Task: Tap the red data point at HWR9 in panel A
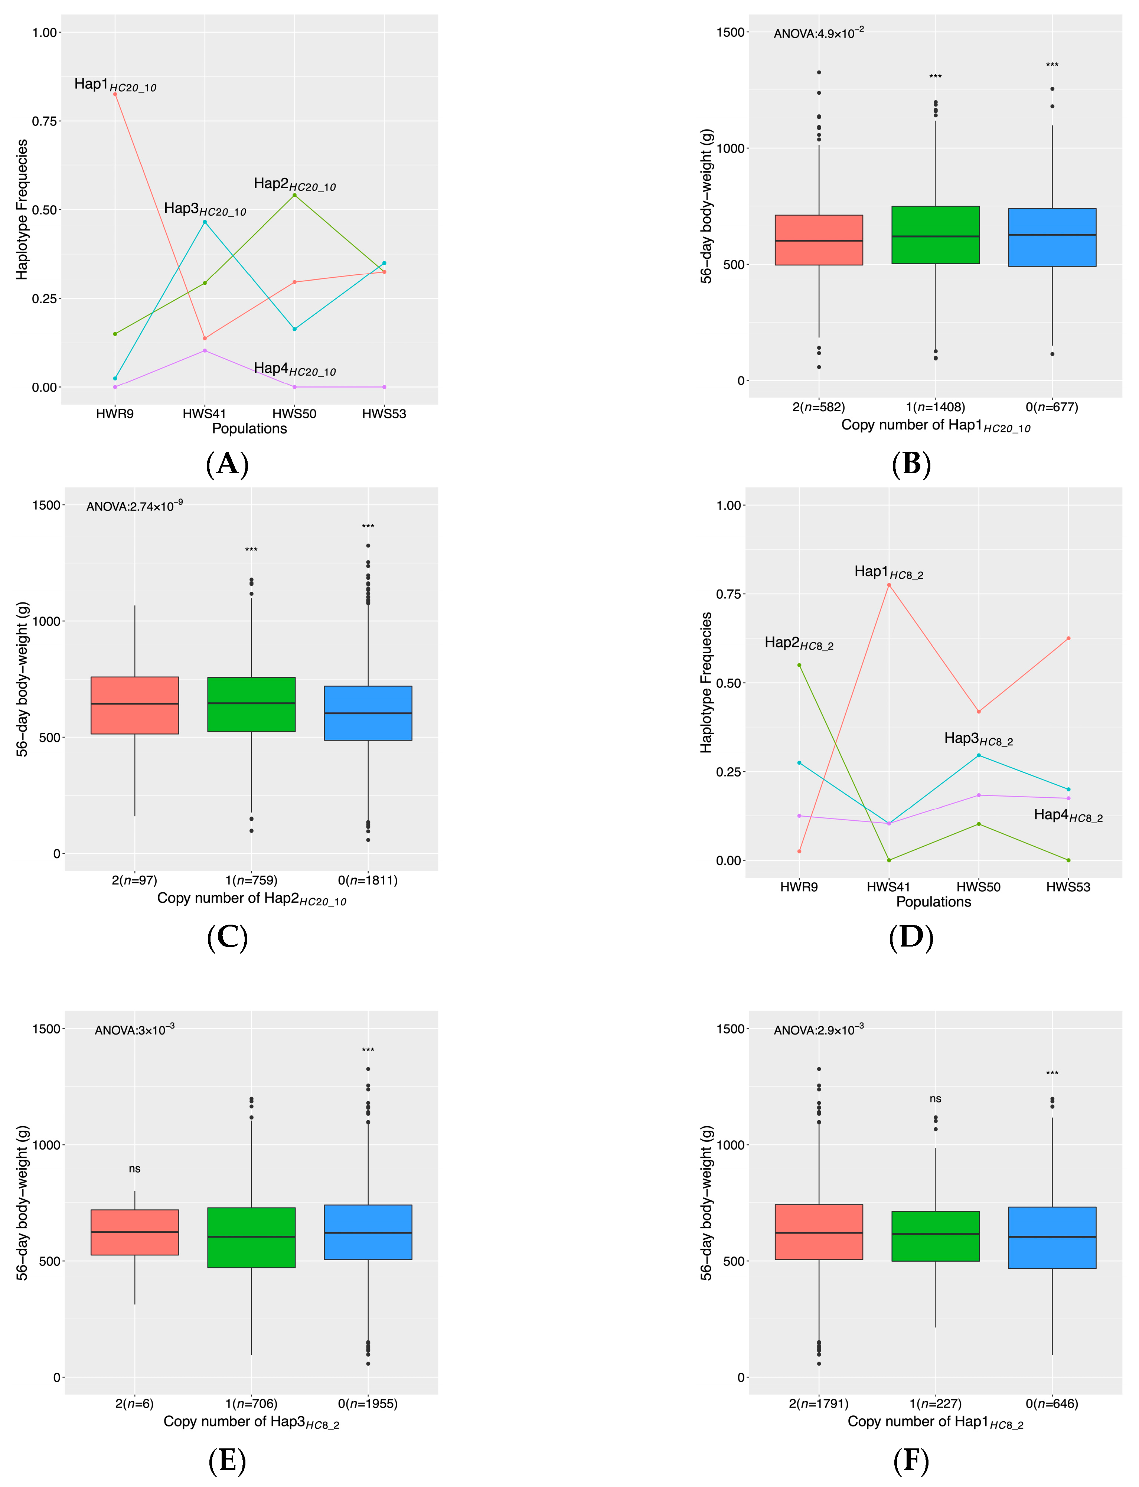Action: (115, 94)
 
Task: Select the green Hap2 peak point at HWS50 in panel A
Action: (294, 195)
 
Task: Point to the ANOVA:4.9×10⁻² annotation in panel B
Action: (818, 33)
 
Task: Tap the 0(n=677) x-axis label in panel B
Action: (1051, 407)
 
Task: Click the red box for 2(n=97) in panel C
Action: (135, 705)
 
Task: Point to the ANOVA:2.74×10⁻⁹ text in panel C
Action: (134, 506)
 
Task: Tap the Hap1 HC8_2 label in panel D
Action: (888, 572)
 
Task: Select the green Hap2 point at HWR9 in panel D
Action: (799, 665)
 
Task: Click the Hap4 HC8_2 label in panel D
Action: (1068, 816)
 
